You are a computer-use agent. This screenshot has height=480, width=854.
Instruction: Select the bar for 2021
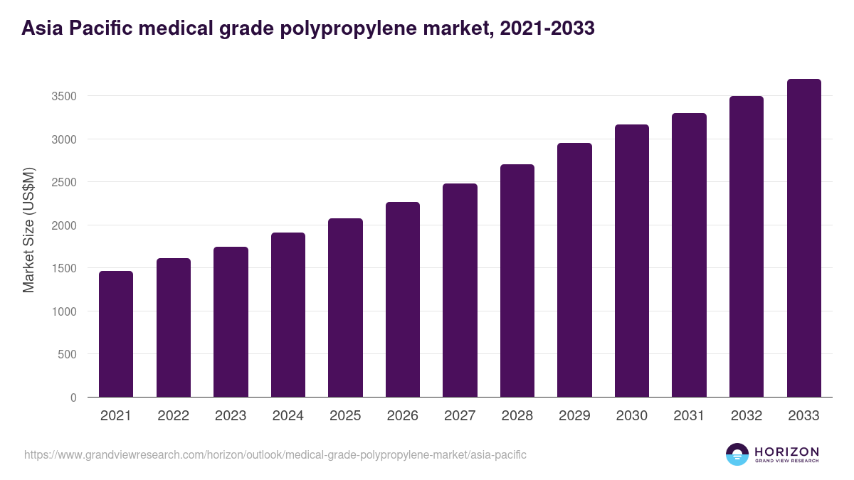pyautogui.click(x=116, y=334)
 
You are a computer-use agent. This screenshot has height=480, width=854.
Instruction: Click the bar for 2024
pyautogui.click(x=288, y=315)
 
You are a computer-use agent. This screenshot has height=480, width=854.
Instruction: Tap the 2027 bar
pyautogui.click(x=460, y=290)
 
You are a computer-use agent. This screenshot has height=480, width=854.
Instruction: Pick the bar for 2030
pyautogui.click(x=632, y=261)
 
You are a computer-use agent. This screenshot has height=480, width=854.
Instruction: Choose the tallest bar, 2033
pyautogui.click(x=803, y=238)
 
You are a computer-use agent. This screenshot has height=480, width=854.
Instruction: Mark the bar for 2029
pyautogui.click(x=574, y=270)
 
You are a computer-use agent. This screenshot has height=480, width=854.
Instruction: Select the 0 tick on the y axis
pyautogui.click(x=73, y=398)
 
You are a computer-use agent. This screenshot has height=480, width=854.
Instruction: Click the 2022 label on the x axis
pyautogui.click(x=173, y=416)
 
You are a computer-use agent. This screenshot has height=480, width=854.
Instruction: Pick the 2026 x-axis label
pyautogui.click(x=402, y=416)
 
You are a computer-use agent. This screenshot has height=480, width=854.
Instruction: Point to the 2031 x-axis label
pyautogui.click(x=689, y=416)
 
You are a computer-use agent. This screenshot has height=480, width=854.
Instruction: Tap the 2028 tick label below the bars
pyautogui.click(x=517, y=416)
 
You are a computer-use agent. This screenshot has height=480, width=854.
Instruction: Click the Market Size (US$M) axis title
pyautogui.click(x=28, y=230)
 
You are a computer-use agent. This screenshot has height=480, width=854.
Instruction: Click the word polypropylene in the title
pyautogui.click(x=331, y=29)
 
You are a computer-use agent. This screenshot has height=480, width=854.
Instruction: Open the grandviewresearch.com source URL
pyautogui.click(x=275, y=454)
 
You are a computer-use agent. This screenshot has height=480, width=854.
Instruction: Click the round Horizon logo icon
pyautogui.click(x=737, y=454)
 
